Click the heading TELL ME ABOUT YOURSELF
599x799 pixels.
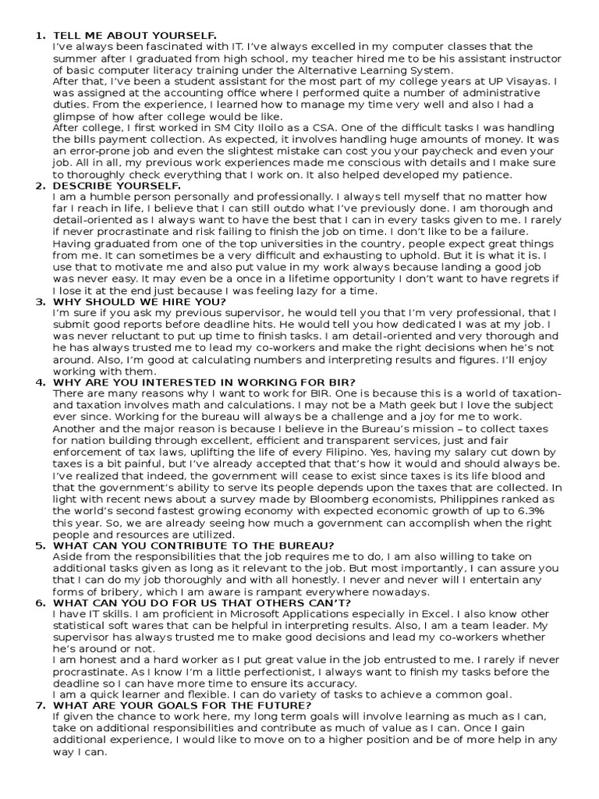tap(133, 36)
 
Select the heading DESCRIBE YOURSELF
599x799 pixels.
tap(116, 186)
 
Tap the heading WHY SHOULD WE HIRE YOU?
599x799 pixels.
tap(139, 301)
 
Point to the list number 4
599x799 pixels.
tap(40, 382)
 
